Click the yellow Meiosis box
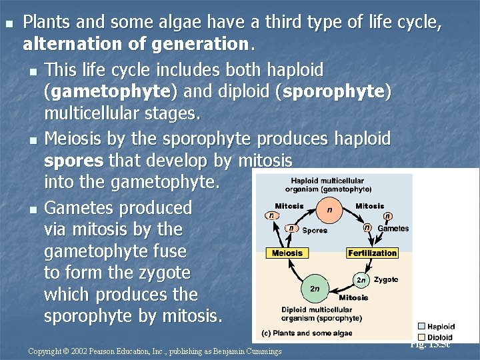point(287,253)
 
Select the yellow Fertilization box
point(372,253)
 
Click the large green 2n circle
point(315,289)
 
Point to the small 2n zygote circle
point(361,279)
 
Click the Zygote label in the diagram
point(386,279)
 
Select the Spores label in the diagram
point(315,230)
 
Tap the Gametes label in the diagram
point(393,229)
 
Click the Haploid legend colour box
point(421,327)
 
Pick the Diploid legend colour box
point(421,337)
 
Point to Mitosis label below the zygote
point(353,297)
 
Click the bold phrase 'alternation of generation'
point(135,45)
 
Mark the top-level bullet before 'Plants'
point(9,24)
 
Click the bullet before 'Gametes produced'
point(33,209)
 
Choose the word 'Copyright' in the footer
point(44,351)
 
